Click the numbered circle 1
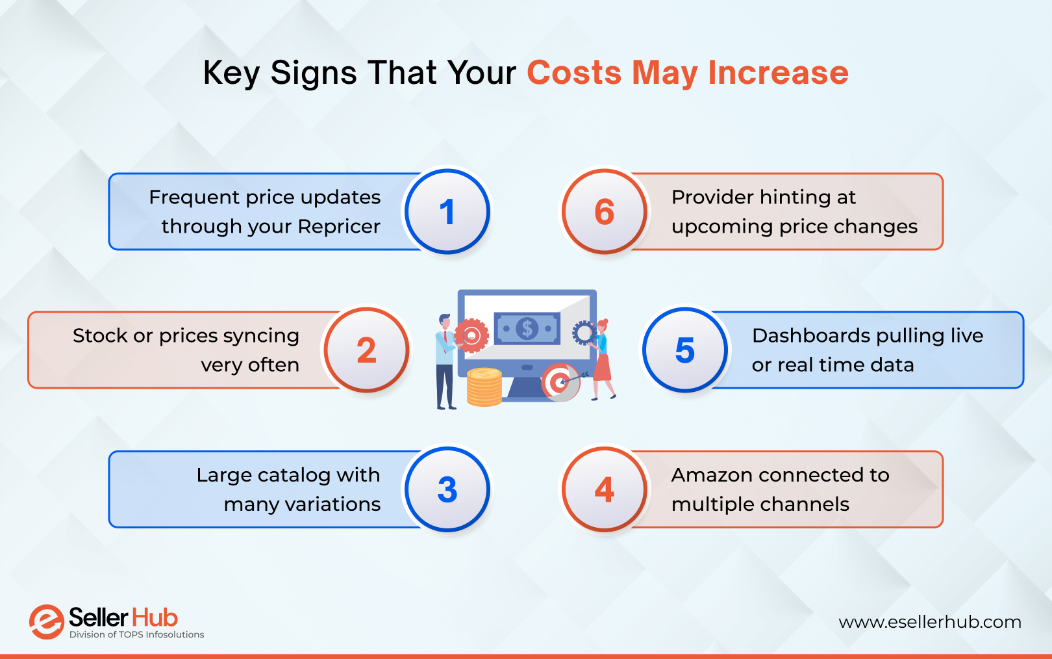(x=447, y=212)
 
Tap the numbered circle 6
(x=604, y=212)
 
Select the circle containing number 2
(x=366, y=350)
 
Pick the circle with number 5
(x=684, y=350)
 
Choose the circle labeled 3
(x=447, y=489)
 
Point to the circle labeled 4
(x=604, y=489)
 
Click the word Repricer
(x=339, y=226)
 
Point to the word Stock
(x=100, y=335)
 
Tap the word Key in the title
(x=231, y=73)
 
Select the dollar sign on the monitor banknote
(x=527, y=328)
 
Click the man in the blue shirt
(x=445, y=361)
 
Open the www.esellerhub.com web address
(x=929, y=622)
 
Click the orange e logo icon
(x=46, y=622)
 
